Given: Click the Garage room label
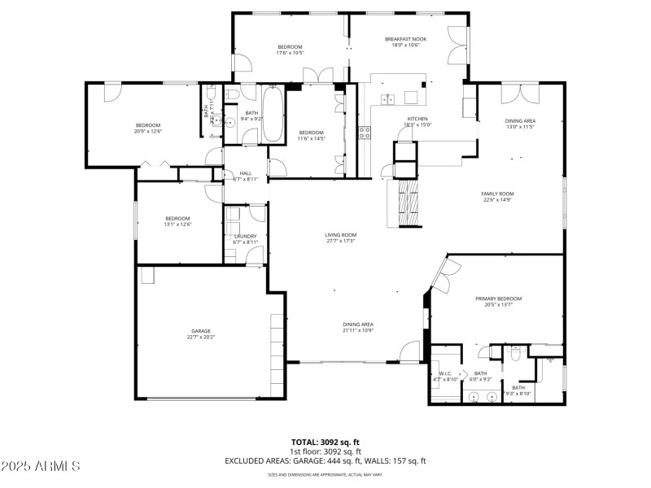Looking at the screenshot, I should tap(201, 331).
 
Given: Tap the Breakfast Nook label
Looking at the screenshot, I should tap(405, 39).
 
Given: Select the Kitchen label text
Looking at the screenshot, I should tap(417, 119).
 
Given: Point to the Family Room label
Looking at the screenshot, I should tap(498, 194).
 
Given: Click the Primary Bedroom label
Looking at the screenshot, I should tap(498, 298).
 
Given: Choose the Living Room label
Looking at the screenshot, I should tap(341, 235).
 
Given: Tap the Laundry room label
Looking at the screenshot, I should tap(245, 237).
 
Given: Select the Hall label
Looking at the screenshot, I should tap(246, 173).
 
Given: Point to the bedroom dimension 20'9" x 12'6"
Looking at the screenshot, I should tap(148, 131).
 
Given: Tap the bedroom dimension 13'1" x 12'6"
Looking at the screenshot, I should tap(178, 224).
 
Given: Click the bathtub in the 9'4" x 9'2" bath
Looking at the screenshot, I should tap(272, 115).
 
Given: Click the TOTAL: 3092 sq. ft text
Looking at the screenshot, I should tap(325, 442).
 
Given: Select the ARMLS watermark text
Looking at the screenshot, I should tap(41, 466).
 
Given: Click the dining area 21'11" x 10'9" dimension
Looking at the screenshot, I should tap(358, 331).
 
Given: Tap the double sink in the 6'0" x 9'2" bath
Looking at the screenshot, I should tap(482, 398).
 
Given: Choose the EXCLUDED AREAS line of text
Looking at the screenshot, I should tap(325, 460).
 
